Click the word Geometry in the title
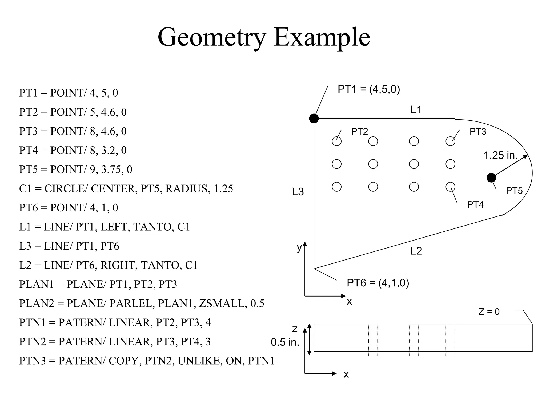tap(212, 37)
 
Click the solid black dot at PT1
tap(314, 118)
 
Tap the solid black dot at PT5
tap(491, 178)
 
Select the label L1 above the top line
tap(416, 110)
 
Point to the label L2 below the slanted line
tap(416, 251)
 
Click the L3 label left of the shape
tap(298, 192)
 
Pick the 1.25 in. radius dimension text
tap(500, 155)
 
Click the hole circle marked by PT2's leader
tap(336, 141)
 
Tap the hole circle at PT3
tap(450, 141)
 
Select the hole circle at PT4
tap(450, 187)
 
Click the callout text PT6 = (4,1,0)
tap(378, 283)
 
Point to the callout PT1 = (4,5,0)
tap(369, 89)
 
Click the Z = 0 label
tap(489, 312)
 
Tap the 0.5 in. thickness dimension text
tap(285, 342)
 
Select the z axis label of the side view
tap(295, 329)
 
